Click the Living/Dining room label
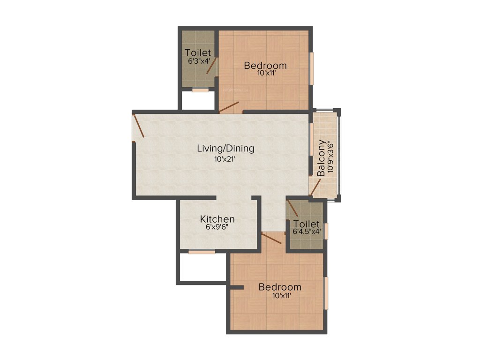point(225,149)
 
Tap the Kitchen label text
point(217,219)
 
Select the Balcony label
point(321,158)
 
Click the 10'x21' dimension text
point(225,159)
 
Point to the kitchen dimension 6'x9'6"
point(217,227)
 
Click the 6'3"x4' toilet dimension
point(198,61)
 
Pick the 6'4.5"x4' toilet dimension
point(307,232)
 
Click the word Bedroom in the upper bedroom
point(265,65)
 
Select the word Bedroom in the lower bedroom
point(280,287)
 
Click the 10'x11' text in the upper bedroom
point(265,73)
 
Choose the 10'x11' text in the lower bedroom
point(280,295)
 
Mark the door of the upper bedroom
point(230,107)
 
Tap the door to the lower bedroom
point(272,238)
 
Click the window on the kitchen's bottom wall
point(202,252)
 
